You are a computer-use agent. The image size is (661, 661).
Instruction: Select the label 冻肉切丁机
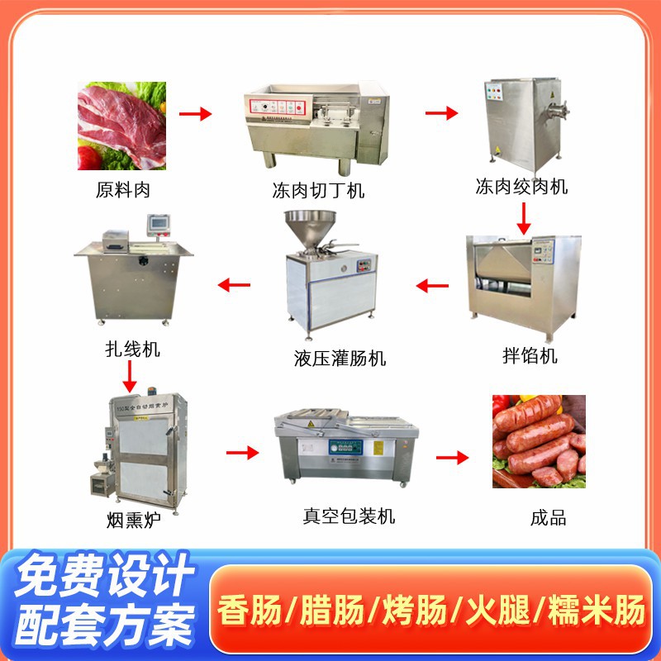318,192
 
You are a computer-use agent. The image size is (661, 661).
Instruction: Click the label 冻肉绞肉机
521,186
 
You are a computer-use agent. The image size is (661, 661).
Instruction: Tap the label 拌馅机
530,356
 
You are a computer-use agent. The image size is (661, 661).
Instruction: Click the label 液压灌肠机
328,358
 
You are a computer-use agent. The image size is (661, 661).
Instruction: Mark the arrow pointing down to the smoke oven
129,377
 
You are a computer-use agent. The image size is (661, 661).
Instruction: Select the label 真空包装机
349,516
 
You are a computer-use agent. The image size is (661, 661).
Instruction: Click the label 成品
548,518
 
